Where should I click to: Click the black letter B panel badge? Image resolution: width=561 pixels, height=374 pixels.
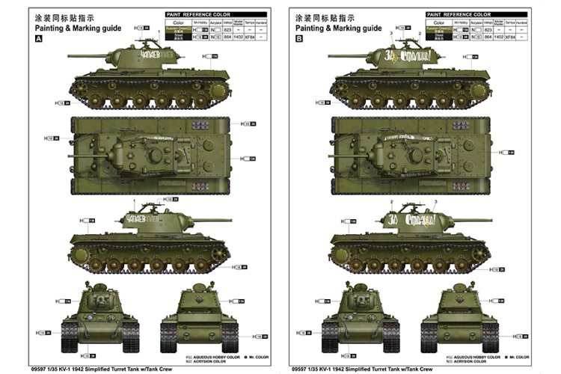(x=300, y=39)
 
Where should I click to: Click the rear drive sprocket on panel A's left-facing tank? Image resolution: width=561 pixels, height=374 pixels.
(x=217, y=92)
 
